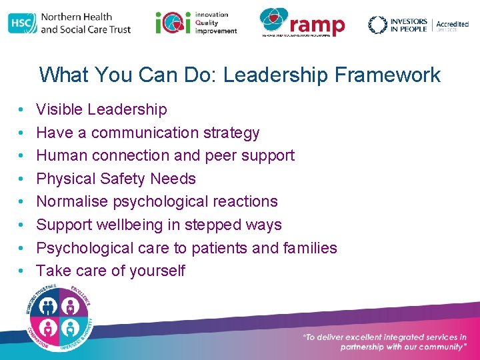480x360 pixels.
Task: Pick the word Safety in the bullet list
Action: point(124,179)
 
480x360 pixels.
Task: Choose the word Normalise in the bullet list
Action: point(71,201)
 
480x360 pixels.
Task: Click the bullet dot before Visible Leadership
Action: point(22,109)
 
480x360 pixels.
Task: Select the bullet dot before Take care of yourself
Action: point(22,271)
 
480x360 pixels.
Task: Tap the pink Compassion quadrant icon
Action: point(49,327)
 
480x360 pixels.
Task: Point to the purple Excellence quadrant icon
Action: point(71,306)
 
